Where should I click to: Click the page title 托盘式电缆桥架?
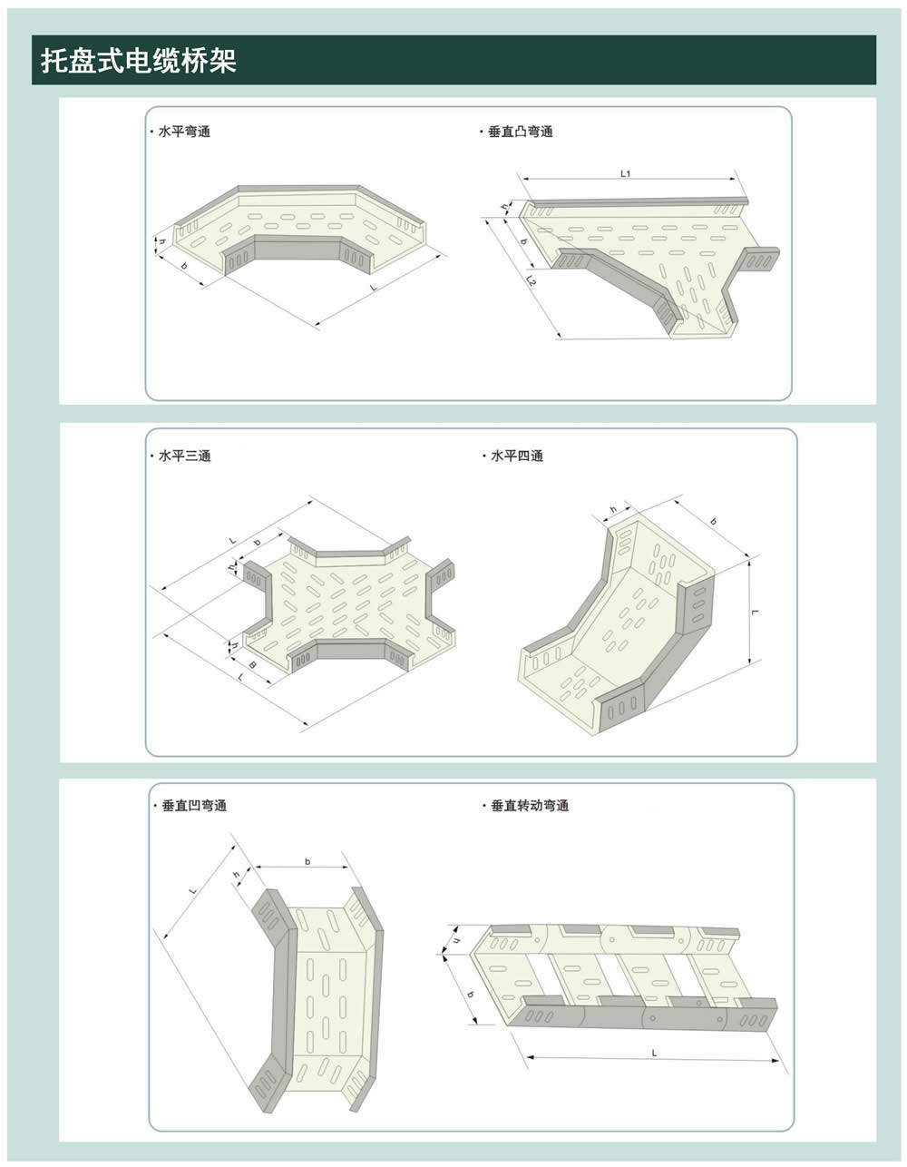point(139,60)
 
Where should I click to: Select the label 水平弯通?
point(184,132)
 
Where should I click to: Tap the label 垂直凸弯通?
point(520,132)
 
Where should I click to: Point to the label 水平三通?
point(185,456)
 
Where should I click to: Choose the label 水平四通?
point(517,456)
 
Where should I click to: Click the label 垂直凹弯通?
point(194,806)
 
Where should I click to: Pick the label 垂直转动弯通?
point(530,806)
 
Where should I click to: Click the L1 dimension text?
point(625,173)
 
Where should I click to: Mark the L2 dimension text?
point(532,280)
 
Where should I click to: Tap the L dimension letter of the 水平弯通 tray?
point(374,288)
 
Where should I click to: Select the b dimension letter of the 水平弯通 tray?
point(184,266)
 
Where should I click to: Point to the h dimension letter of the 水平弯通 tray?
point(162,242)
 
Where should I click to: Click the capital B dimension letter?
point(253,665)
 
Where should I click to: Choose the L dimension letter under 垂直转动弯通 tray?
point(654,1054)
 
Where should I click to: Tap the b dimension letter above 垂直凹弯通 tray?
point(307,862)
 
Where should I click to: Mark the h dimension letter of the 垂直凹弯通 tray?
point(236,875)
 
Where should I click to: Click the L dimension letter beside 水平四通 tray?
point(756,612)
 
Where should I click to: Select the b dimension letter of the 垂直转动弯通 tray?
point(471,994)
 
